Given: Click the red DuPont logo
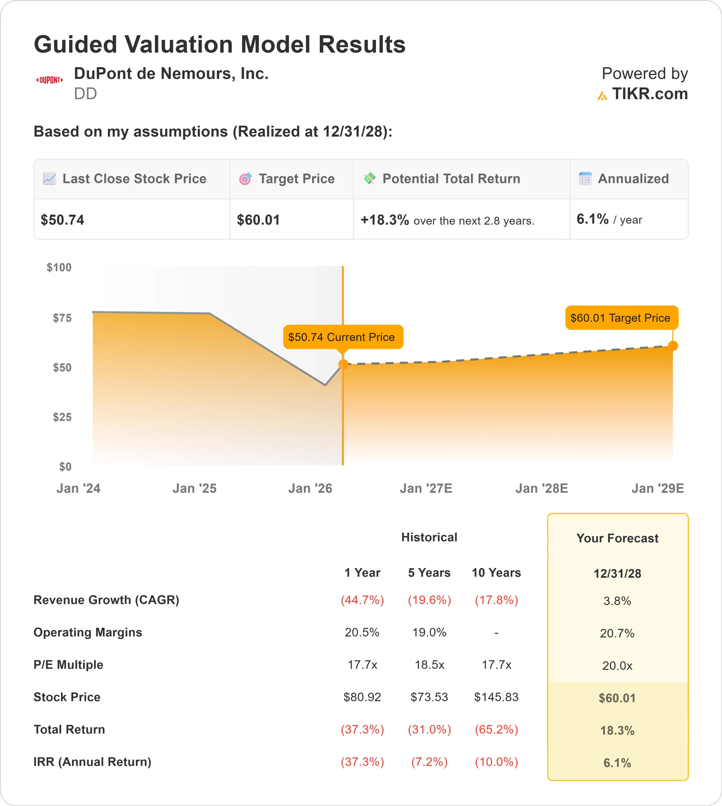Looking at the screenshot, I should pos(49,80).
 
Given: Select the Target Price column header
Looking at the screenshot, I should pos(296,179).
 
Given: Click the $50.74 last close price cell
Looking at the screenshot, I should pos(63,220).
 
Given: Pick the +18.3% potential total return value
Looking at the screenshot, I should pos(384,220).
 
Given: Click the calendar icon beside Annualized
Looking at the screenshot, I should pos(585,179).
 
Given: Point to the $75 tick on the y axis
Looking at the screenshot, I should pos(62,318).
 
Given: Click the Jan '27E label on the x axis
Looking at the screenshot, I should pos(426,488).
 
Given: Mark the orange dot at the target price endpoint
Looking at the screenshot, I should pos(673,346).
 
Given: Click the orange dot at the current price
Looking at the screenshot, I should pos(343,364).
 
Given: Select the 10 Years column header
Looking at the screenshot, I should pos(496,573).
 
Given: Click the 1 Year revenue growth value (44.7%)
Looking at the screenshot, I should pos(362,600).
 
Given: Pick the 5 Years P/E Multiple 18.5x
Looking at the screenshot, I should pos(429,665).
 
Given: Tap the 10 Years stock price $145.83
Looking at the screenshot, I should pos(496,697).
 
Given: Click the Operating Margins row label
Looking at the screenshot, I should pos(88,632).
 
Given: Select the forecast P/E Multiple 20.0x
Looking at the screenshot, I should pos(617,666).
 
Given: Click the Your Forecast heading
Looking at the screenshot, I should pos(617,538).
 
